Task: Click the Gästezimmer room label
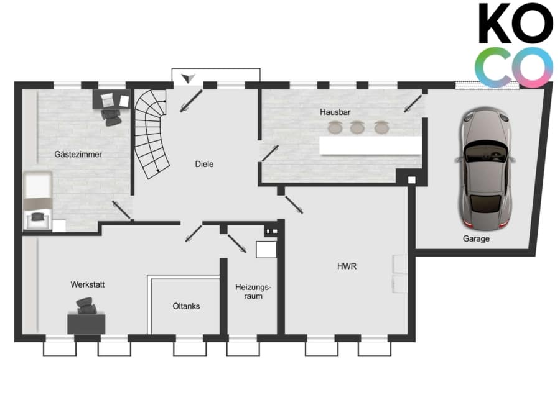[x=78, y=155]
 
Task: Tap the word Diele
[x=204, y=164]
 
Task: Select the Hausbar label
[x=335, y=112]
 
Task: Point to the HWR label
[x=347, y=266]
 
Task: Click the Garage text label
[x=476, y=238]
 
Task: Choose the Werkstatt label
[x=88, y=284]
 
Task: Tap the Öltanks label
[x=186, y=306]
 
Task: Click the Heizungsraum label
[x=253, y=292]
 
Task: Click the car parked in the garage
[x=485, y=168]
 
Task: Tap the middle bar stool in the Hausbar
[x=357, y=127]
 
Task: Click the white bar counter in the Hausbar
[x=370, y=145]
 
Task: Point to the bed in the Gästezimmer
[x=37, y=201]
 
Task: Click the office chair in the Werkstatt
[x=86, y=306]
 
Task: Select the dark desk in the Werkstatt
[x=86, y=324]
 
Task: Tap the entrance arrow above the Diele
[x=188, y=78]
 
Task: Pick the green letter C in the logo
[x=490, y=68]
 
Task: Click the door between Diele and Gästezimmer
[x=121, y=210]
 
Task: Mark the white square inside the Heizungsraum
[x=266, y=250]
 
